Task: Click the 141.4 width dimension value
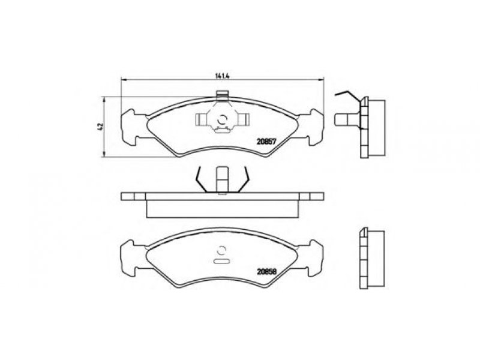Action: click(223, 76)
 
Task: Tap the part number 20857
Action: click(266, 142)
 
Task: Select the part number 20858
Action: click(266, 271)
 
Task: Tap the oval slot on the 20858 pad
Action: click(221, 262)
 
